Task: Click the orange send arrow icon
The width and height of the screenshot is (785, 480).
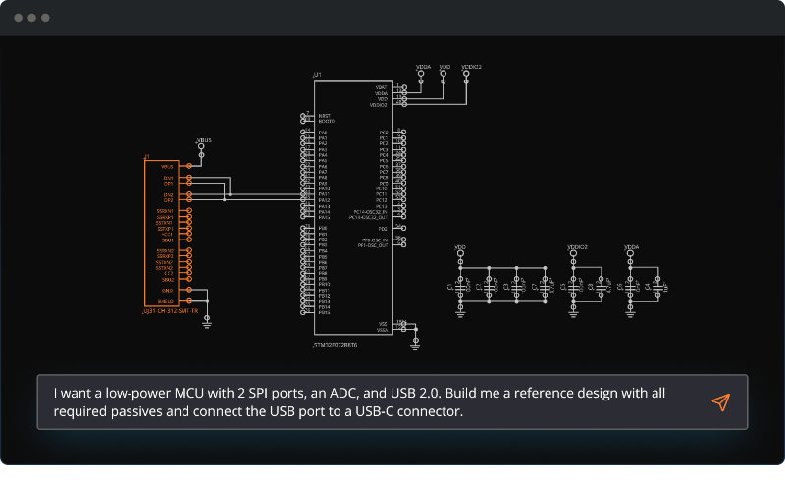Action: (721, 402)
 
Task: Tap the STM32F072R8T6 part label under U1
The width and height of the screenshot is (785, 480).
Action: (335, 346)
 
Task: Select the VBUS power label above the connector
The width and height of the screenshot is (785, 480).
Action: (204, 140)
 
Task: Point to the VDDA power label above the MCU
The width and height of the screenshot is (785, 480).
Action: (423, 67)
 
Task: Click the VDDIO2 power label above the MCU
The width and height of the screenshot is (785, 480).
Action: (471, 67)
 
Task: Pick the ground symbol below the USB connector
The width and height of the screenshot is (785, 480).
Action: (206, 322)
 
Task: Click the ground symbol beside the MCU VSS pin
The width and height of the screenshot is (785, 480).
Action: (415, 343)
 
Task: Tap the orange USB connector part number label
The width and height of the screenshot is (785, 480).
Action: (172, 311)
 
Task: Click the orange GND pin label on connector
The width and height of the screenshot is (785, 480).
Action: (167, 290)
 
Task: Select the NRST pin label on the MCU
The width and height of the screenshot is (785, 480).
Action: (324, 115)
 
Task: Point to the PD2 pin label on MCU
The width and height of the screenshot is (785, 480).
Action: (383, 228)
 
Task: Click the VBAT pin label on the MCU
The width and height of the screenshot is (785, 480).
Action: (381, 87)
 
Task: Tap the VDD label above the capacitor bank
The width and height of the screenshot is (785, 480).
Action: (460, 248)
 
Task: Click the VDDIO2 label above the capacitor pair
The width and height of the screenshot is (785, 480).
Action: (578, 248)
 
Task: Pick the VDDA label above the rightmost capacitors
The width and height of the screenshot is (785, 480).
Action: (632, 248)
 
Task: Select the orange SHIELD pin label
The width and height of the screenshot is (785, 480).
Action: (166, 301)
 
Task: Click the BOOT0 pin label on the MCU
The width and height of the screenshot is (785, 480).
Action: (327, 121)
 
